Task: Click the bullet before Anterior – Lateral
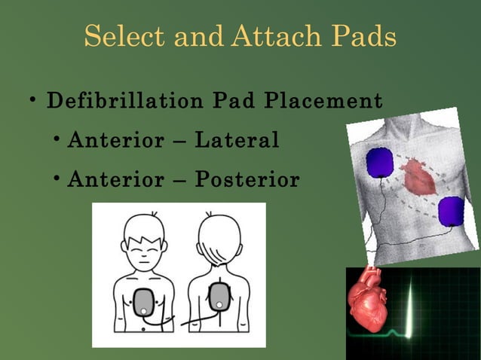coord(57,141)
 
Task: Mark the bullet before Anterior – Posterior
coord(57,181)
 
